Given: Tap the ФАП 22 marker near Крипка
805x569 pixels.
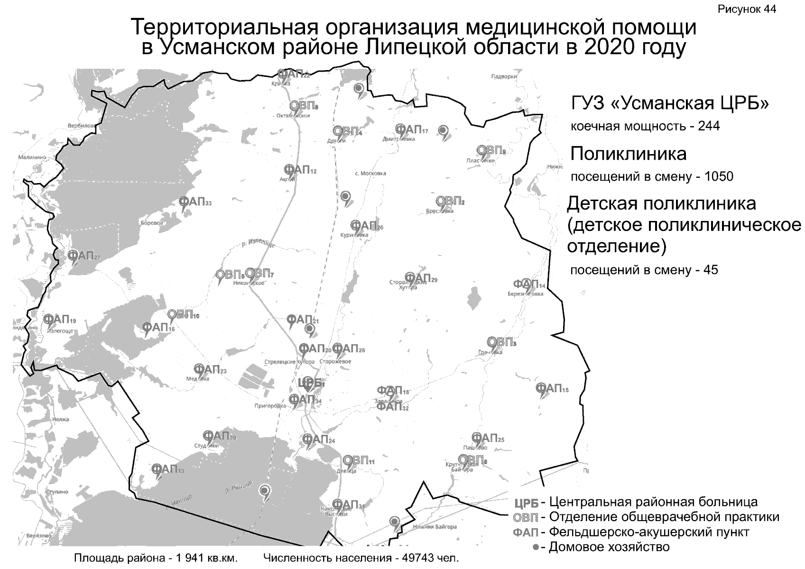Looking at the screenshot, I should tap(293, 74).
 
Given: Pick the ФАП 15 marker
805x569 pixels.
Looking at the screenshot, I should tap(551, 389).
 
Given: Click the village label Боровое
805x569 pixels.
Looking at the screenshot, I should tap(152, 223).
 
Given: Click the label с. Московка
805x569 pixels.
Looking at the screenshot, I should tap(370, 174).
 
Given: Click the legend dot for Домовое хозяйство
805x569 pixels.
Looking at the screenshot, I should tap(536, 547).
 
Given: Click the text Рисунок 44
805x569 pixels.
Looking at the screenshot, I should tap(747, 9).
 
